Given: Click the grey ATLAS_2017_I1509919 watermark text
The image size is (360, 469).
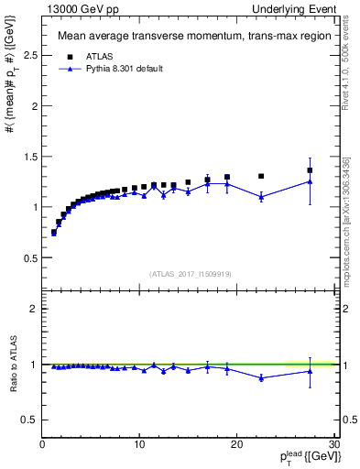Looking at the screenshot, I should click(189, 273).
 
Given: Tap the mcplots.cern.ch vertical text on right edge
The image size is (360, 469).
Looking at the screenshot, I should click(348, 229).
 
